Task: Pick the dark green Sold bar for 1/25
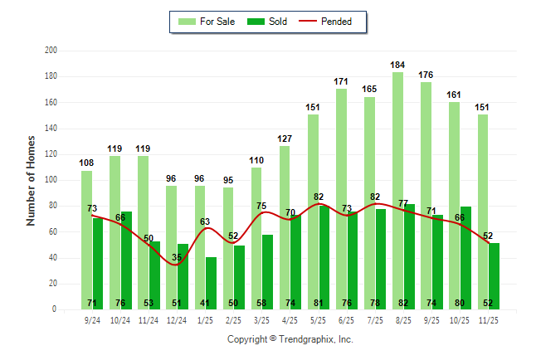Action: pos(211,283)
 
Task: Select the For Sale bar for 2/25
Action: pos(227,248)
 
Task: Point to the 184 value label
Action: pos(398,65)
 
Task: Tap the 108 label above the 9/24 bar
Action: pos(86,163)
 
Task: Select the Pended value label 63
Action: pos(205,221)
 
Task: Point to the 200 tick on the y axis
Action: pos(51,51)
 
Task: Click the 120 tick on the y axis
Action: pos(51,154)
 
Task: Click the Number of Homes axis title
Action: pos(32,180)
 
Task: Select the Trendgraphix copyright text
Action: pos(290,339)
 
